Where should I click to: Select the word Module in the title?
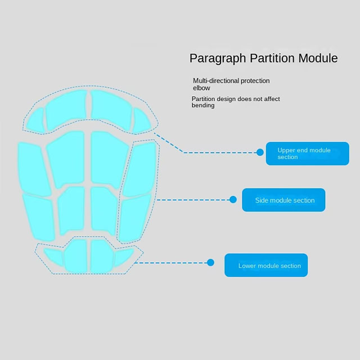(x=318, y=58)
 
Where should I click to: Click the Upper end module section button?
(x=307, y=154)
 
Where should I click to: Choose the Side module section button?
(x=283, y=200)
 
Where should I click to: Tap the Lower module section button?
(x=266, y=265)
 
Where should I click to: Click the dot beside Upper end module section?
(x=260, y=152)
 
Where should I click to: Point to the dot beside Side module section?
(x=233, y=199)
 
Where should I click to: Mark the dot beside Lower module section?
(x=210, y=262)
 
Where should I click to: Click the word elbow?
(x=201, y=88)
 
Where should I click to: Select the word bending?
(x=203, y=106)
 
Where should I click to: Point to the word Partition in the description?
(x=204, y=99)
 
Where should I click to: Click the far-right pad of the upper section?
(x=141, y=119)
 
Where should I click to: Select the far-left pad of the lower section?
(x=51, y=256)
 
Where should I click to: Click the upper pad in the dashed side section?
(x=140, y=169)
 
